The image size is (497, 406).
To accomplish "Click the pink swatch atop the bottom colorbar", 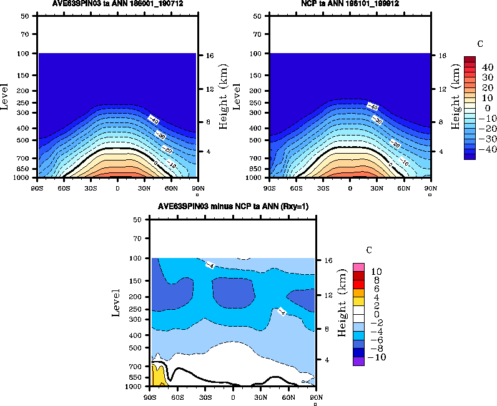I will pyautogui.click(x=359, y=267).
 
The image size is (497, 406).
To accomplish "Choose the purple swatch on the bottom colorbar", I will pyautogui.click(x=359, y=361).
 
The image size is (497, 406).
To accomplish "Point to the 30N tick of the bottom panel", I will pyautogui.click(x=261, y=396).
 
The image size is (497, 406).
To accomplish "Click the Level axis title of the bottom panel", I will pyautogui.click(x=117, y=302).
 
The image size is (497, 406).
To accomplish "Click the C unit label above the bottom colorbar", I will pyautogui.click(x=368, y=250).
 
